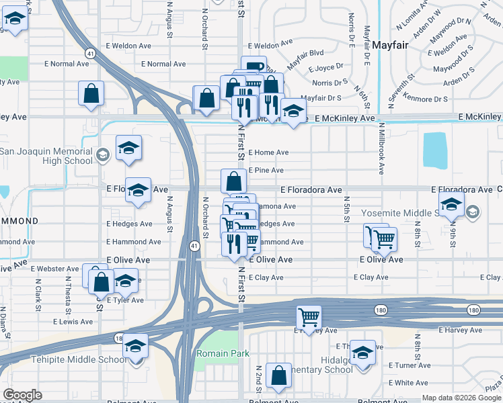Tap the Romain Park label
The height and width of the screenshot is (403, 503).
coord(223,353)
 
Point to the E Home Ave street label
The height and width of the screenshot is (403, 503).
coord(268,152)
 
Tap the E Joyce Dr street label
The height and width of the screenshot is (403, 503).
coord(326,69)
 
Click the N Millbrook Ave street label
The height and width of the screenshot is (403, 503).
coord(381,148)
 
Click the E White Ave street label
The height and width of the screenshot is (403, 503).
coord(408,383)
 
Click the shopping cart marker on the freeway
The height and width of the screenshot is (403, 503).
coord(309,316)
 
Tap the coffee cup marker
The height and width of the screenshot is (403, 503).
coord(254,67)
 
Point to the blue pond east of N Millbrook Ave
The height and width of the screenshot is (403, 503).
coord(435,150)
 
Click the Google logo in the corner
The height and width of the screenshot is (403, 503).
coord(22,395)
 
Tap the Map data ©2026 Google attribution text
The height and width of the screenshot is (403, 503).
coord(462,398)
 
